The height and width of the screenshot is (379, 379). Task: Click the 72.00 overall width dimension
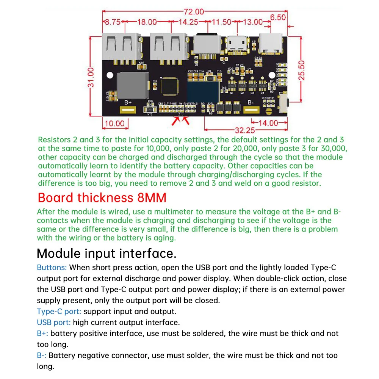(194, 12)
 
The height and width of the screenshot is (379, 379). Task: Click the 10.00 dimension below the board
(114, 124)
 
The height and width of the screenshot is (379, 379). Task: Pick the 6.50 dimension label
(278, 18)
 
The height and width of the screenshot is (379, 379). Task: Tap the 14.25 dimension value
(188, 22)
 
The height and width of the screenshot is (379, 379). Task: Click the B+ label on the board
(127, 102)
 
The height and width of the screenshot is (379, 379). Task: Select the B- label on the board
(250, 102)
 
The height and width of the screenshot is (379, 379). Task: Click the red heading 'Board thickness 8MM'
(102, 198)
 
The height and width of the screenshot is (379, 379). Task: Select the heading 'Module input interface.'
(106, 253)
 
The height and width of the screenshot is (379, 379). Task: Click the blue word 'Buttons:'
(52, 268)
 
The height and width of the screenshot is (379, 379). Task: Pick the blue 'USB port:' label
(54, 323)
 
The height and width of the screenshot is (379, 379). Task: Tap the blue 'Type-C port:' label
(59, 312)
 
